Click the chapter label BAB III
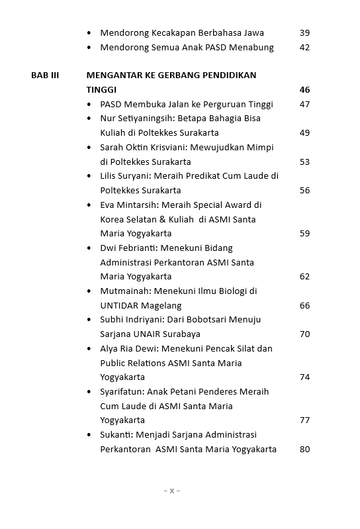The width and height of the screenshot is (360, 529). click(45, 75)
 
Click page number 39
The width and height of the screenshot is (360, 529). click(304, 33)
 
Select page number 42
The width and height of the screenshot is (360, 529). click(304, 48)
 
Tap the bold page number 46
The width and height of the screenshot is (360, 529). click(304, 90)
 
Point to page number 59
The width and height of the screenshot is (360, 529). click(304, 234)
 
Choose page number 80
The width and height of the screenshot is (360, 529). click(304, 450)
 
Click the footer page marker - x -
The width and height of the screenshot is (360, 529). click(171, 491)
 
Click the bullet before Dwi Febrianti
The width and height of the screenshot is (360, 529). click(90, 248)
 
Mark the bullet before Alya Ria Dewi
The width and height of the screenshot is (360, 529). click(90, 349)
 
